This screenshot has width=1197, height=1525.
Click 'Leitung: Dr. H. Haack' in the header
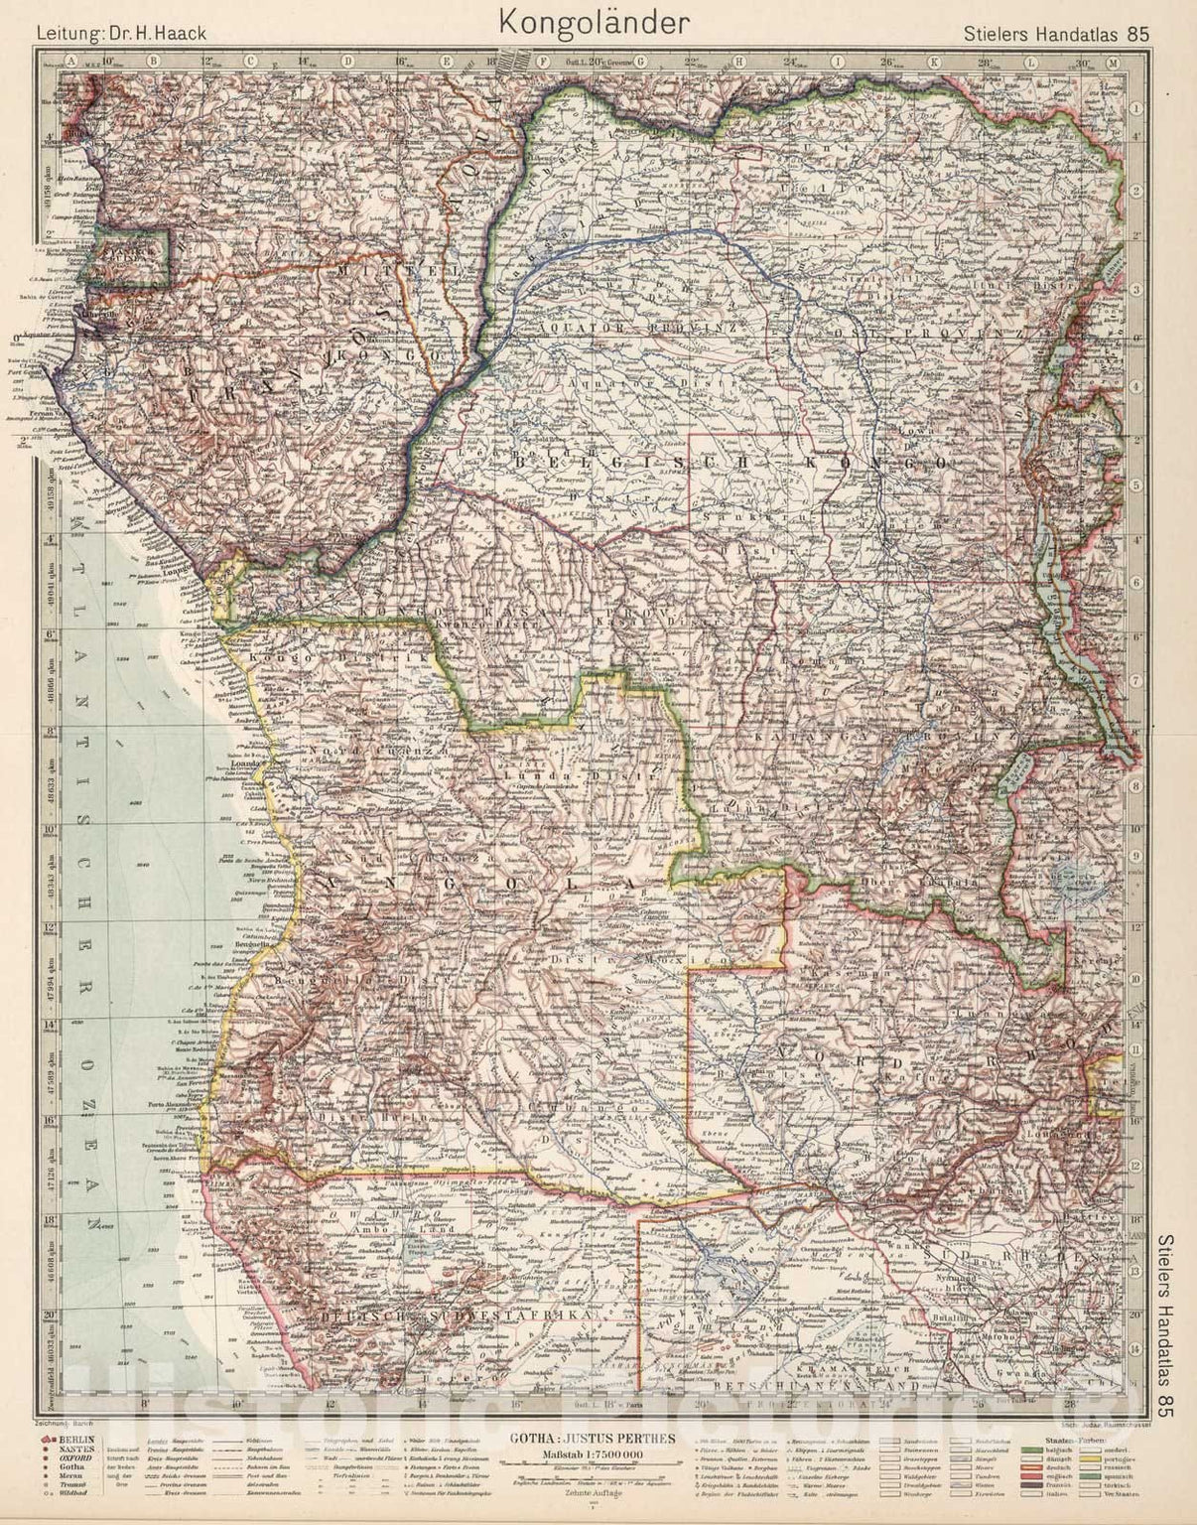point(121,32)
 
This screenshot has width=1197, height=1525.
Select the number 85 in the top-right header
point(1137,32)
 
